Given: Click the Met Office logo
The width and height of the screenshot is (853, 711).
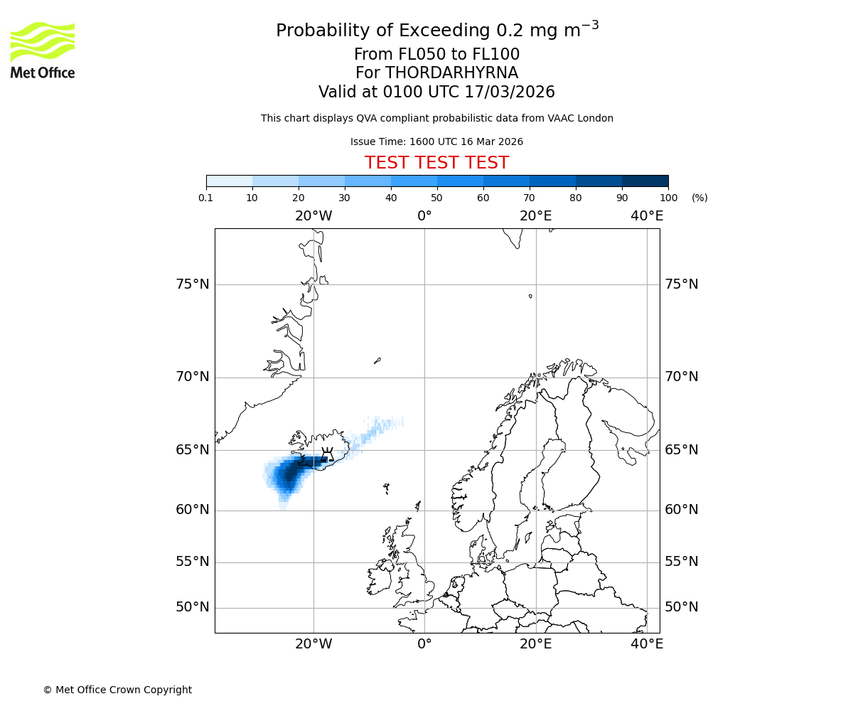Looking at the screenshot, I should coord(43,50).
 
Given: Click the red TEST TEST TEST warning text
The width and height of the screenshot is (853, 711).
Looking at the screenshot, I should coord(436,163).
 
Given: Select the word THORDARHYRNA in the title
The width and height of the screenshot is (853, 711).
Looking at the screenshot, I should coord(451,73).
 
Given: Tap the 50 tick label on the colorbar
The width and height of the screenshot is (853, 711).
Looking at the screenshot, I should coord(436,198).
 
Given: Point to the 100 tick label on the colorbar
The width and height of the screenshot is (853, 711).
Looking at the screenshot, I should coord(668,198).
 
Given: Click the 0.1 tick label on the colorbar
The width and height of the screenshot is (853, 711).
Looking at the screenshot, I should coord(206,198).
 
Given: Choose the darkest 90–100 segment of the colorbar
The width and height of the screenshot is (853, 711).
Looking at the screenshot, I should coord(645,181).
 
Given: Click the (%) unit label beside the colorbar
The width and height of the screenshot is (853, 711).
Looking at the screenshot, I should coord(699,198).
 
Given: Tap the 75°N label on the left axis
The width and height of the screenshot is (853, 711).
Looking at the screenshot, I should coord(193,284).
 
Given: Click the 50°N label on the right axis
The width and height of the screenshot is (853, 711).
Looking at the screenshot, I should coord(682,607).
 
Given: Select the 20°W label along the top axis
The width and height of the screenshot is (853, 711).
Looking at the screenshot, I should coord(313,216).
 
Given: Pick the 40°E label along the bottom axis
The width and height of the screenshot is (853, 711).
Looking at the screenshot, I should coord(647,644).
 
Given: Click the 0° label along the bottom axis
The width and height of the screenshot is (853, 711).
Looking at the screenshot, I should coord(424,644).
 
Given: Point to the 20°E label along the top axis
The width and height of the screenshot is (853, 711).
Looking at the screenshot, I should coord(535,216).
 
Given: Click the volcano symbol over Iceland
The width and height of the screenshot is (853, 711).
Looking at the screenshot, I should coord(327,454).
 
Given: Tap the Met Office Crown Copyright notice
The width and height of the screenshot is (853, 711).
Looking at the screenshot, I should coord(117,690).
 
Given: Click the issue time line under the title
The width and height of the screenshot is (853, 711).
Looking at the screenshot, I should coord(436,141).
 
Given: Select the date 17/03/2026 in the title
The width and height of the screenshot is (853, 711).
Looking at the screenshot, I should coord(510,92).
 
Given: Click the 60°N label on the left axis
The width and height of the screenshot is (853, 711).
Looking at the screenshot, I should coord(193,510).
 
